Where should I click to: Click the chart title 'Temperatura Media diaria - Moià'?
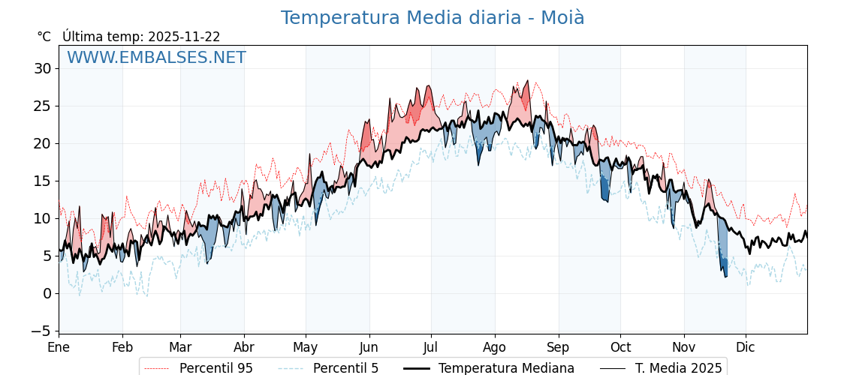(x=433, y=18)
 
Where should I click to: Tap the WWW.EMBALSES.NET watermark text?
(x=156, y=58)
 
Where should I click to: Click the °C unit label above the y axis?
(x=44, y=37)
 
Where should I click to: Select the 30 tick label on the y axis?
(x=43, y=68)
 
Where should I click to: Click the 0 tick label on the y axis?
(x=47, y=293)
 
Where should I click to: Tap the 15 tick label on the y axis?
(x=43, y=181)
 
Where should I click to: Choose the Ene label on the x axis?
(x=59, y=347)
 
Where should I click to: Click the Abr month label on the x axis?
(x=244, y=347)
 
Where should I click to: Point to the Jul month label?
(x=431, y=347)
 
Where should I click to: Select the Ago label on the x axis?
(x=495, y=347)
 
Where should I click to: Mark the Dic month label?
(x=746, y=347)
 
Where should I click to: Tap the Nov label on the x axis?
(x=684, y=347)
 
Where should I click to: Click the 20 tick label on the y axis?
(x=43, y=143)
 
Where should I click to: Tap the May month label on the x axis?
(x=306, y=347)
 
